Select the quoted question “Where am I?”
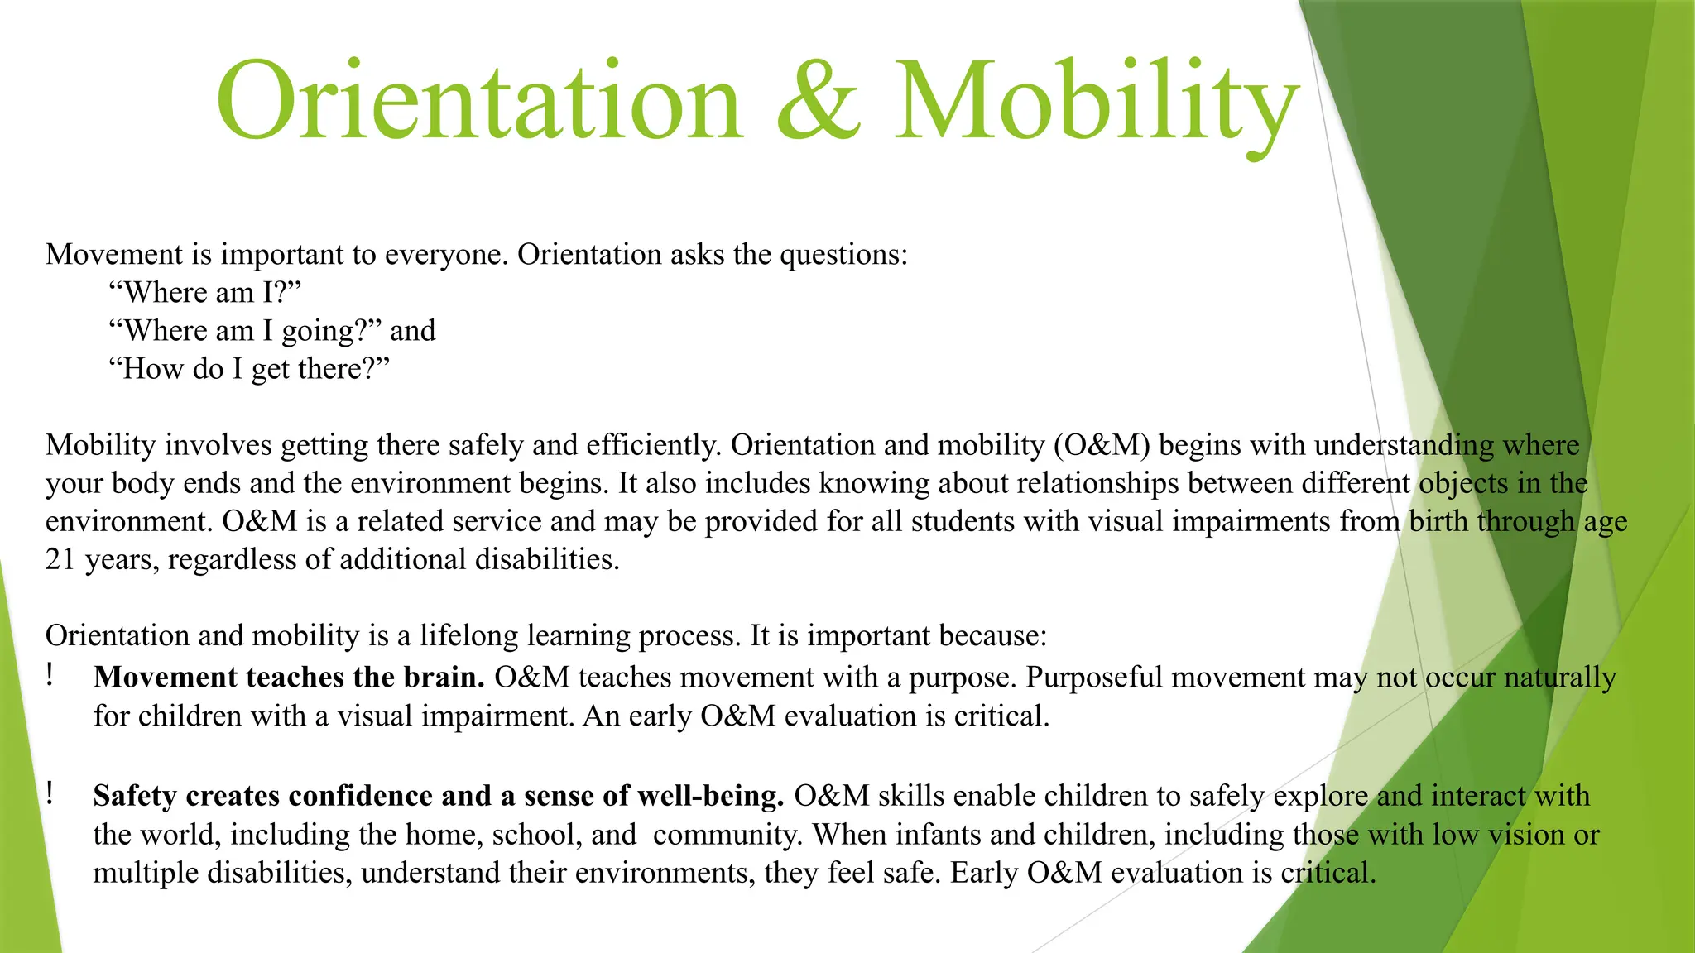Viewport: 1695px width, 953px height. pos(204,292)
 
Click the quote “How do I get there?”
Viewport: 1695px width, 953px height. pos(248,368)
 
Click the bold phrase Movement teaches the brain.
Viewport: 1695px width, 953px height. pos(289,678)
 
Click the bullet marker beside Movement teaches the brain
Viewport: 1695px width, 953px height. pos(50,676)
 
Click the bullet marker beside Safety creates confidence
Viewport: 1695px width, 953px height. pos(50,794)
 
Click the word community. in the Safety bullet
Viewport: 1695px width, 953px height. pos(727,834)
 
